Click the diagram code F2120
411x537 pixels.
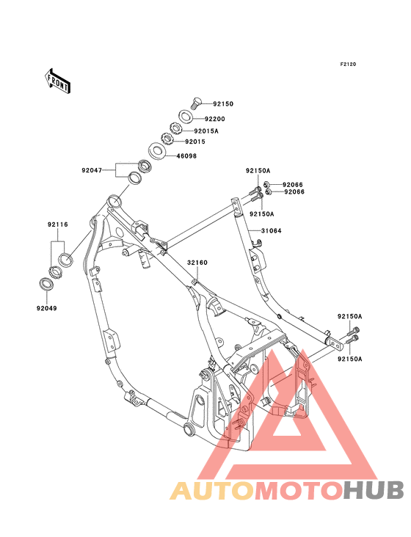347,65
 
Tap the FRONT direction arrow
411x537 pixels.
58,81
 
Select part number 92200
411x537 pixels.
214,119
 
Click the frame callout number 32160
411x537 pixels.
196,262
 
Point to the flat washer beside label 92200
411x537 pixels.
187,117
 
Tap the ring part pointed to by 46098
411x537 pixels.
157,152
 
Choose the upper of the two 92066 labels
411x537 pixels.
294,184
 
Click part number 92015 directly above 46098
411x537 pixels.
194,142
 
